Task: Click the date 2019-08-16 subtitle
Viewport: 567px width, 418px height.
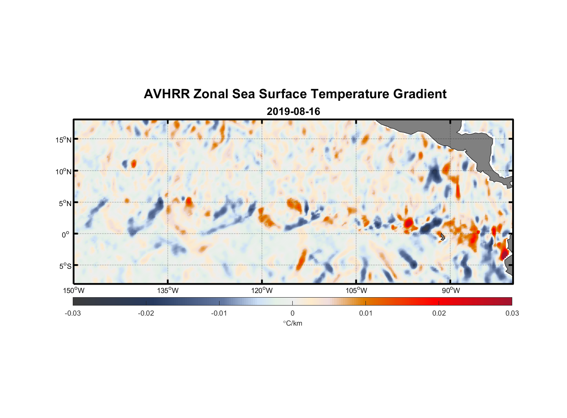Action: point(293,112)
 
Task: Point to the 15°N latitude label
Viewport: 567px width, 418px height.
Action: point(64,140)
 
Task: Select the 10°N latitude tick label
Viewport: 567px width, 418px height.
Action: point(64,171)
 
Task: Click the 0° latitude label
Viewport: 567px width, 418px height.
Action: point(66,234)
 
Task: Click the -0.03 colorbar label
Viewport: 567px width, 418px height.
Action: point(73,313)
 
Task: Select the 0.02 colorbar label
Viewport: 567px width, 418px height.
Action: point(439,313)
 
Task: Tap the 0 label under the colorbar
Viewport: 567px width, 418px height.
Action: point(292,313)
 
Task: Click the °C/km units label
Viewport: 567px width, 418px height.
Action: point(292,323)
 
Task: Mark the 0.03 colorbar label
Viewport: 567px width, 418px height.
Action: point(512,313)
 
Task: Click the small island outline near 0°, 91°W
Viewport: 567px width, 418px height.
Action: point(442,237)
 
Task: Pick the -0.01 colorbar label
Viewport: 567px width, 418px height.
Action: point(219,313)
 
